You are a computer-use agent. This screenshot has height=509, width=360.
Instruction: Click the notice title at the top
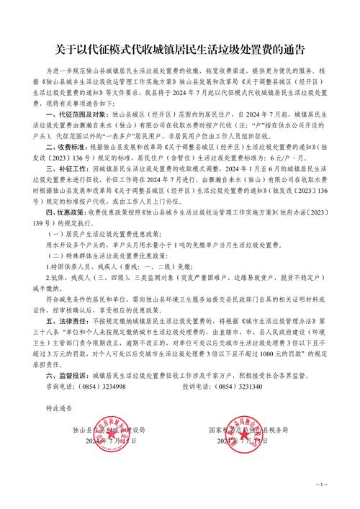180,49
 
